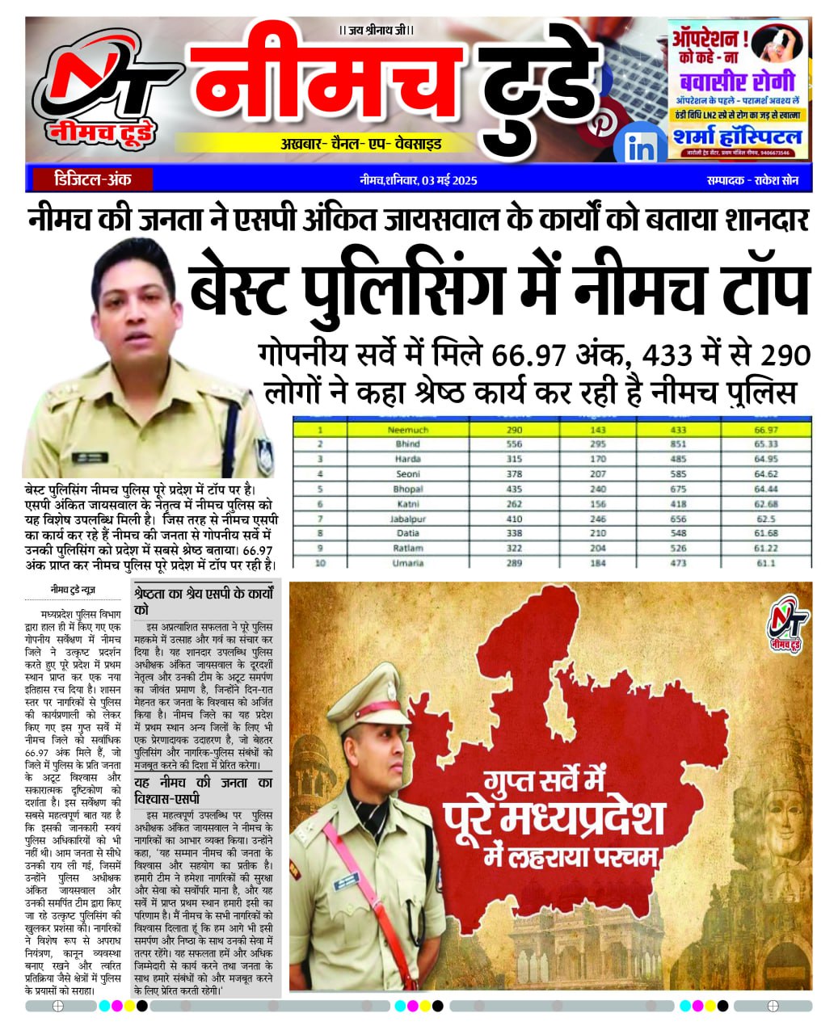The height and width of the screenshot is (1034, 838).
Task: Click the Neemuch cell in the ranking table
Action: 407,431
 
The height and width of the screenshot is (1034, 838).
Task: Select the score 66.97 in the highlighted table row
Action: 765,431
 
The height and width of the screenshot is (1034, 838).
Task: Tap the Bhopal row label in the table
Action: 407,490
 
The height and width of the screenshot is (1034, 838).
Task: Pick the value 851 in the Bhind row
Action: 678,444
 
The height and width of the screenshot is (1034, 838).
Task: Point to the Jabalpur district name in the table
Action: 407,519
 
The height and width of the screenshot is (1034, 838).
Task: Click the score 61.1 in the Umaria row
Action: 765,563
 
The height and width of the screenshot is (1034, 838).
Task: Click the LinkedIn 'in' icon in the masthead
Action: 641,149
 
